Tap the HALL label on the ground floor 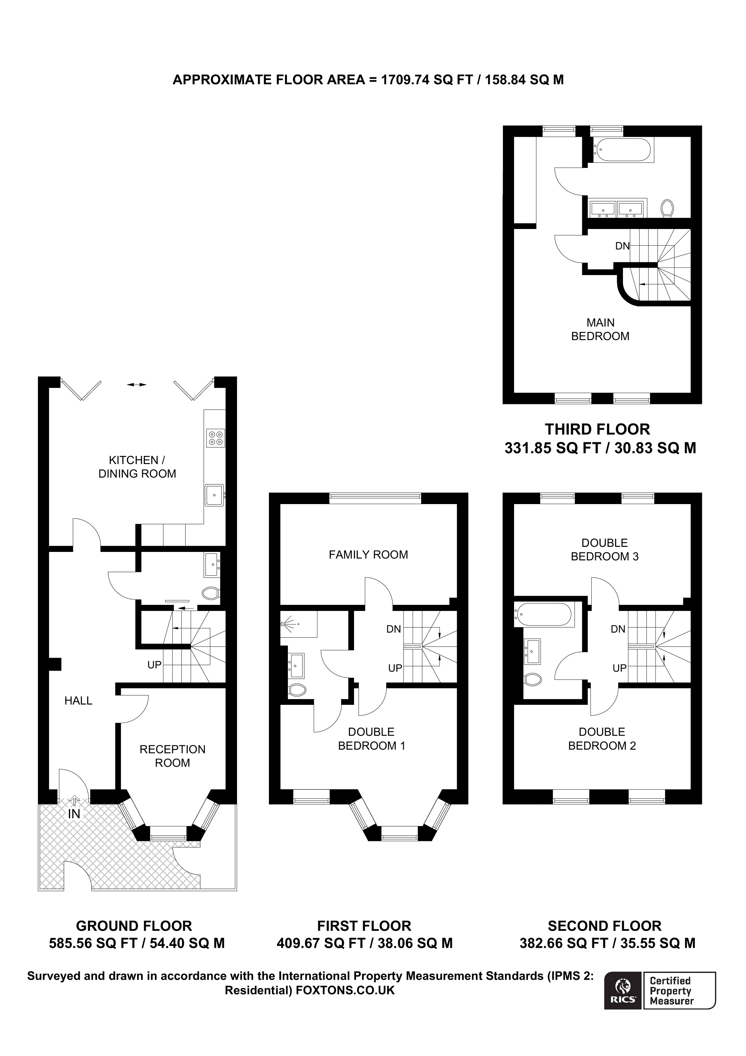78,700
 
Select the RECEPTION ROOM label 172,756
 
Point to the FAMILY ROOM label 368,555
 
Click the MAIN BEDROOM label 600,329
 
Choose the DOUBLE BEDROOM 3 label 605,550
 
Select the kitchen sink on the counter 215,495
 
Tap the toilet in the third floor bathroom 667,208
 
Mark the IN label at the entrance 74,814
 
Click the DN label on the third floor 622,246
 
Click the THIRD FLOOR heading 597,429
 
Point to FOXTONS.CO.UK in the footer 345,990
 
